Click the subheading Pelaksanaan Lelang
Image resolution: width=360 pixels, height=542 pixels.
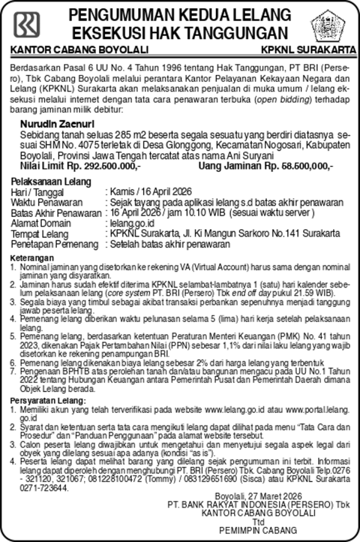point(51,182)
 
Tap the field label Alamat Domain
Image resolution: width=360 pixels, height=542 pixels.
point(41,223)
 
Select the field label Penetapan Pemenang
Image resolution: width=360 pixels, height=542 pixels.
point(55,245)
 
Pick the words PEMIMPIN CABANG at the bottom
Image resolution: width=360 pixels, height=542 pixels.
point(258,530)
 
